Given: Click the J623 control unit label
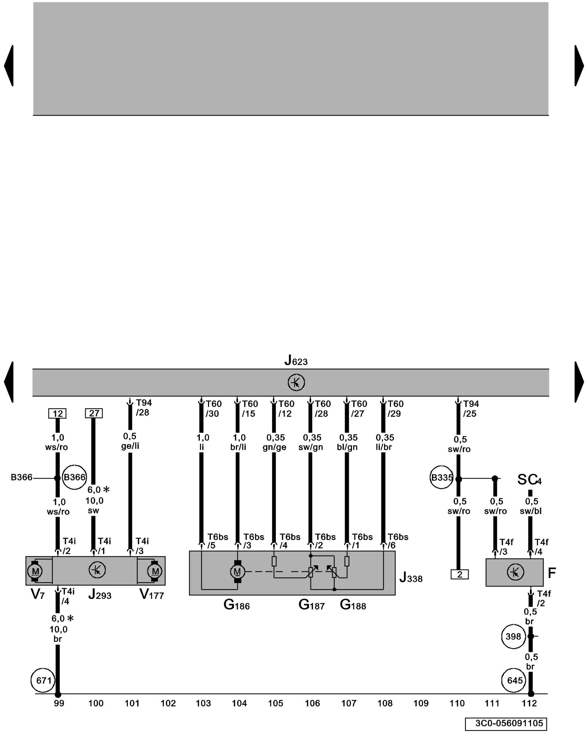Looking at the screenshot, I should [x=296, y=361].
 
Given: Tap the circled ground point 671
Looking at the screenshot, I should [x=43, y=680].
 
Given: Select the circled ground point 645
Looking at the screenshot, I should [x=514, y=680].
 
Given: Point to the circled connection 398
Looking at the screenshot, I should [x=513, y=636].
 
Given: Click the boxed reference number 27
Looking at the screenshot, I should [x=94, y=413].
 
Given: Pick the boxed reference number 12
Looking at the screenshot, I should [x=57, y=413].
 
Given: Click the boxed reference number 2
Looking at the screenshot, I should [x=459, y=574].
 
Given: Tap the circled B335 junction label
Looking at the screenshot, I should [x=441, y=478].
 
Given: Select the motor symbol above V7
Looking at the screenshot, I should [x=35, y=571].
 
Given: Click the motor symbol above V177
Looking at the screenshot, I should [x=155, y=571].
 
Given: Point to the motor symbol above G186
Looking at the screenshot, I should [x=237, y=571].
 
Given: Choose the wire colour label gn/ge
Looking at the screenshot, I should [x=274, y=447].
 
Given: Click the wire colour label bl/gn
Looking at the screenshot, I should [x=347, y=447].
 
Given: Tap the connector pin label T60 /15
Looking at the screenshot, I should [x=250, y=408].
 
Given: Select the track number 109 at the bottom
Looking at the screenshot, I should [x=421, y=703].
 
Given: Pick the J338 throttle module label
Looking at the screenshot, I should [x=411, y=578].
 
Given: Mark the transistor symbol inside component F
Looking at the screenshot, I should [x=515, y=572].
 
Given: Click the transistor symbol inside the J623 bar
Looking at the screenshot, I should [x=296, y=382].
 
